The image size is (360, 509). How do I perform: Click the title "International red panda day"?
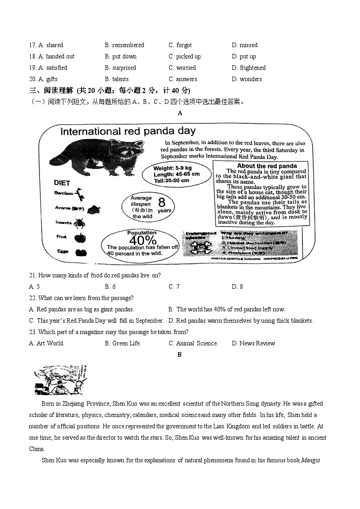128,131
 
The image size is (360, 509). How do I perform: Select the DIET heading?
62,183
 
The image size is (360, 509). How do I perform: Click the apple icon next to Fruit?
80,237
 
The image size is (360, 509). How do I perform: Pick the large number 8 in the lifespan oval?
161,202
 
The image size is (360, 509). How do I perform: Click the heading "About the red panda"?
267,166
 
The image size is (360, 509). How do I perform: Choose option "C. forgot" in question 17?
180,45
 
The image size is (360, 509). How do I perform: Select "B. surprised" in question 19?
120,68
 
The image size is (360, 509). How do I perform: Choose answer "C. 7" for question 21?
174,286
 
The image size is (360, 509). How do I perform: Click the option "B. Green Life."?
122,343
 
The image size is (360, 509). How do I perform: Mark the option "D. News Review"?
253,343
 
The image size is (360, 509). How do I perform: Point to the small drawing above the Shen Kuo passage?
60,380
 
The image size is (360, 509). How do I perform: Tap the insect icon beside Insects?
80,223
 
